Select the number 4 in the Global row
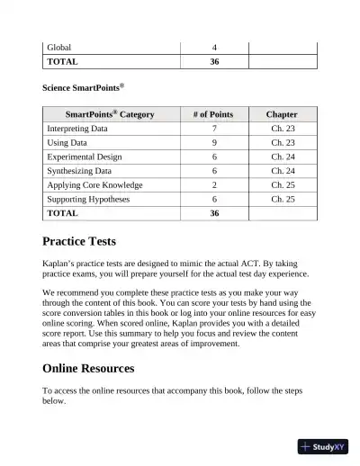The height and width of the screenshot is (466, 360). [214, 47]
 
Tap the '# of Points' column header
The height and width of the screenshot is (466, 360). [213, 114]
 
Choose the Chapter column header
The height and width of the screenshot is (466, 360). [282, 114]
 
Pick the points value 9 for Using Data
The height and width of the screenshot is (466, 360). [214, 143]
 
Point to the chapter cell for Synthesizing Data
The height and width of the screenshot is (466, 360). [283, 171]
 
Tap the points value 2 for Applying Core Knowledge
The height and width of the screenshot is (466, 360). [214, 185]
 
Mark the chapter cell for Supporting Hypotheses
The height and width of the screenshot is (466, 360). [283, 199]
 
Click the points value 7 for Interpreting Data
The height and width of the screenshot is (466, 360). [214, 129]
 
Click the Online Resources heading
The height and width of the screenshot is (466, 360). [88, 368]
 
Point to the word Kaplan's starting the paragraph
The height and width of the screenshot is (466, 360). [60, 262]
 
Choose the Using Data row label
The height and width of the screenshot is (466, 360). [67, 143]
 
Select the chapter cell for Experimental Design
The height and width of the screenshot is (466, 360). [283, 157]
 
